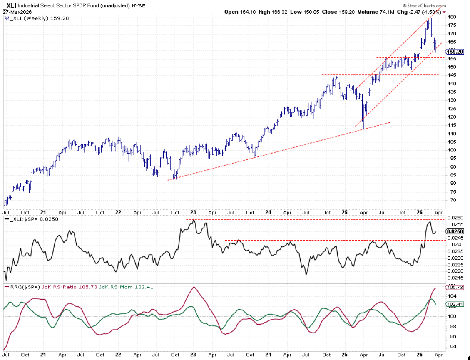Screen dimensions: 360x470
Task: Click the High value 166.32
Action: [x=278, y=12]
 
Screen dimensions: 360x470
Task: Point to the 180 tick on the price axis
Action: [x=452, y=17]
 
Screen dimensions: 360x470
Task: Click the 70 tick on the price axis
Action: [x=451, y=200]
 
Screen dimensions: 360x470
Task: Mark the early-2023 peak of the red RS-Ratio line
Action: [x=193, y=287]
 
